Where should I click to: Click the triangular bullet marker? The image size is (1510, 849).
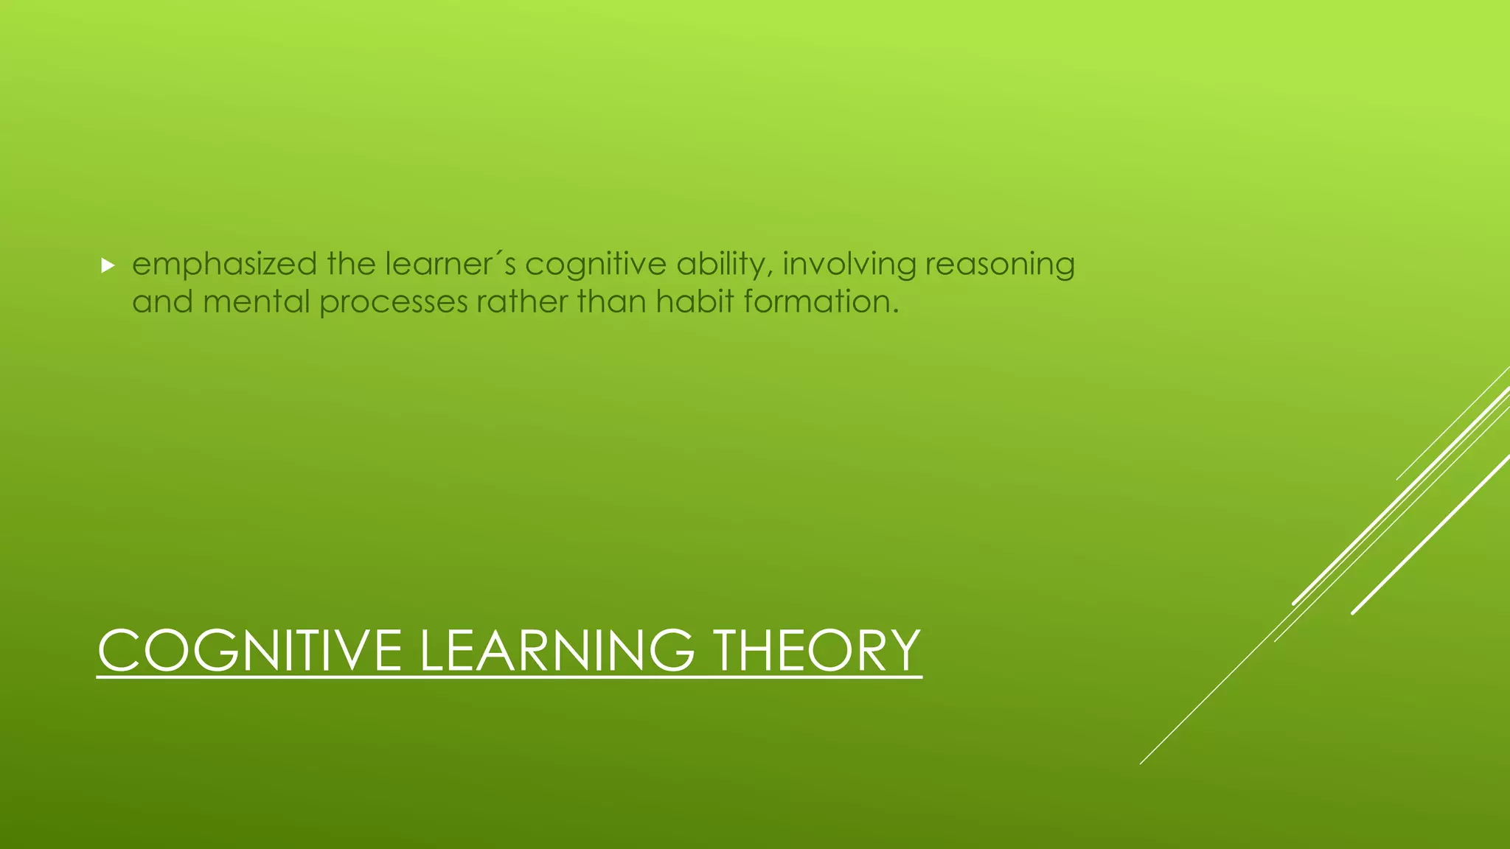coord(108,266)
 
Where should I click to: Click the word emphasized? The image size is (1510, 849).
coord(224,265)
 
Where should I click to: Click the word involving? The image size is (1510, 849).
coord(849,265)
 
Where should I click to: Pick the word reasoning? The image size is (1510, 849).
coord(1000,265)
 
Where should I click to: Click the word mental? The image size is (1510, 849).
coord(256,302)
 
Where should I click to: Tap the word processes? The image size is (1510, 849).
coord(394,302)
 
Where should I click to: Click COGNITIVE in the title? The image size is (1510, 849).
coord(249,651)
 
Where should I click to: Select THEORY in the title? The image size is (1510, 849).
coord(817,651)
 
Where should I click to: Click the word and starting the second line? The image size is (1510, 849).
coord(162,302)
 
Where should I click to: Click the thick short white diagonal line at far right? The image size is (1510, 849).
coord(1430,534)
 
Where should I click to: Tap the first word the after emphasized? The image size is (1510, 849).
coord(351,265)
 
